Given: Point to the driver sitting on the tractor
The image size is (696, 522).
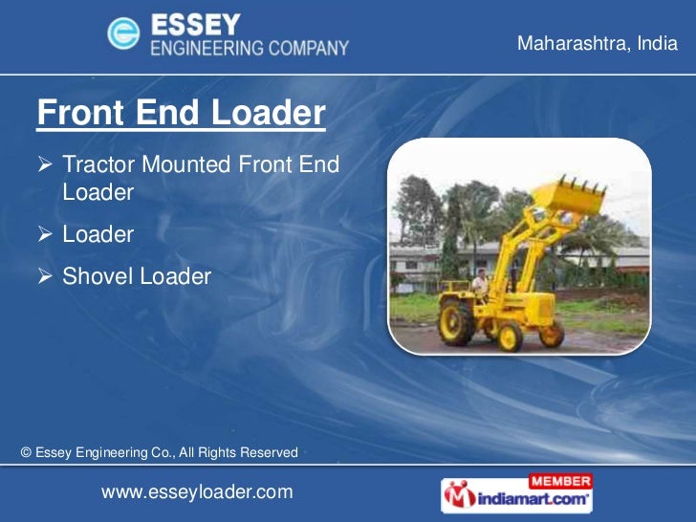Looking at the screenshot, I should [480, 283].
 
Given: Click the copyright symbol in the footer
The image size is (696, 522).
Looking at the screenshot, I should [26, 452].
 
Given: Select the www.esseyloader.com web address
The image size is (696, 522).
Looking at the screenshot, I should [196, 491].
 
